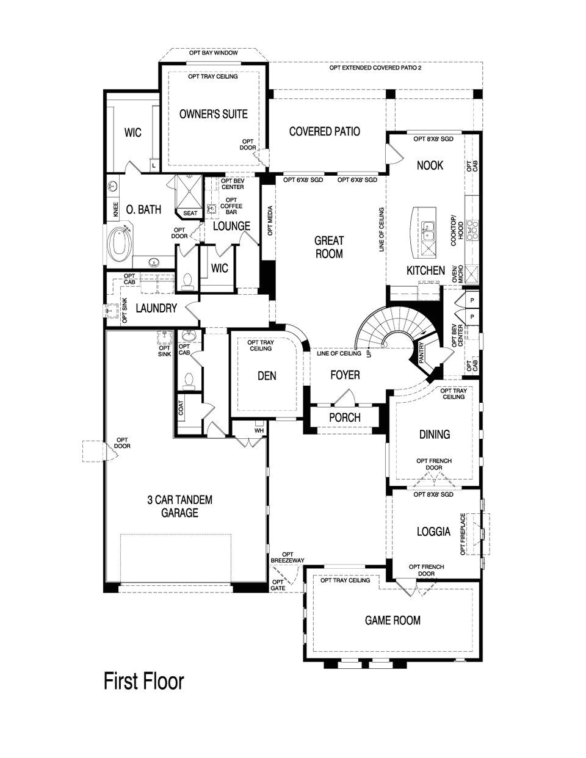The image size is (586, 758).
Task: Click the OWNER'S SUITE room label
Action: (213, 114)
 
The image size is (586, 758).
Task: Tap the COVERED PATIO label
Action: (324, 131)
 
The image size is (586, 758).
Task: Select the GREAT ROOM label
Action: (329, 247)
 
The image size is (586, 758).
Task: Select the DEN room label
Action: (267, 376)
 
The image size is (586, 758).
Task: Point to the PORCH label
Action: (344, 418)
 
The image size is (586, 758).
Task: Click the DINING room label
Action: (435, 435)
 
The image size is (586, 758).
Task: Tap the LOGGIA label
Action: (434, 532)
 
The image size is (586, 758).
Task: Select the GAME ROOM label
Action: (392, 621)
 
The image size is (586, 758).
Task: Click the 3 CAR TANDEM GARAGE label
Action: (179, 507)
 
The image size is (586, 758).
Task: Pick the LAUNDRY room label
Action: (156, 309)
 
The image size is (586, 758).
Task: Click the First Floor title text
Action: (143, 680)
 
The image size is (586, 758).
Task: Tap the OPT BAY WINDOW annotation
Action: (213, 53)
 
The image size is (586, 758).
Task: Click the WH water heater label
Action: (258, 430)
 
